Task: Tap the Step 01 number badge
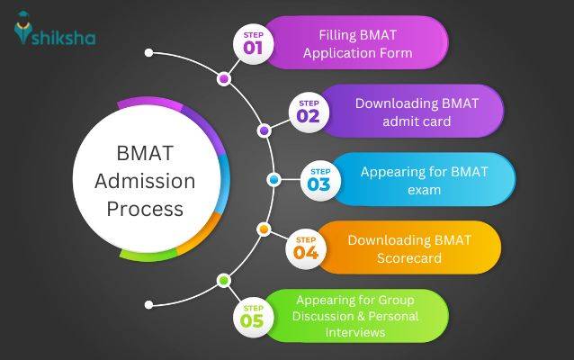click(x=253, y=43)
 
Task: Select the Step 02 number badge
click(x=308, y=112)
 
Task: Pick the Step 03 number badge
click(x=319, y=180)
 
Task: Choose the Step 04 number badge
click(x=306, y=247)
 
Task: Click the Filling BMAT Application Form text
click(x=357, y=44)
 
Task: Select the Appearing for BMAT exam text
click(x=424, y=179)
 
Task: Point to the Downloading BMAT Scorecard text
click(x=408, y=248)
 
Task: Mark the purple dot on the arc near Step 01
click(x=224, y=79)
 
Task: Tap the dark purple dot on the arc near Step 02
click(x=264, y=130)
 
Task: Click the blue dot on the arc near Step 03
click(x=274, y=180)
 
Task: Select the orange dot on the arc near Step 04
click(x=263, y=229)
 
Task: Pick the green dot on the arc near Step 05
click(x=224, y=281)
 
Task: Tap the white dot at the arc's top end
click(x=149, y=52)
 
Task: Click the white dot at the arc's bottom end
click(x=149, y=307)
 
